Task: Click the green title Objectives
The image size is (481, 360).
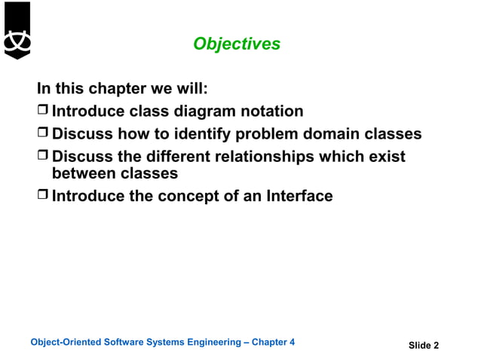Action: pyautogui.click(x=237, y=44)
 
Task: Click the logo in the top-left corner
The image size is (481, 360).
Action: pyautogui.click(x=17, y=30)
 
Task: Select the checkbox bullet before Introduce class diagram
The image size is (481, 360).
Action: pyautogui.click(x=44, y=111)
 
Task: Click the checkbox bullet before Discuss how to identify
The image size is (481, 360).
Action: pyautogui.click(x=44, y=134)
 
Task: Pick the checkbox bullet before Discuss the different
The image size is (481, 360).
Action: pyautogui.click(x=44, y=157)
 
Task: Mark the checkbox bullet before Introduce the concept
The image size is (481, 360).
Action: pyautogui.click(x=44, y=196)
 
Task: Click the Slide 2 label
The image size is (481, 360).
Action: pyautogui.click(x=424, y=346)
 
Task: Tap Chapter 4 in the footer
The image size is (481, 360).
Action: pyautogui.click(x=273, y=342)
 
